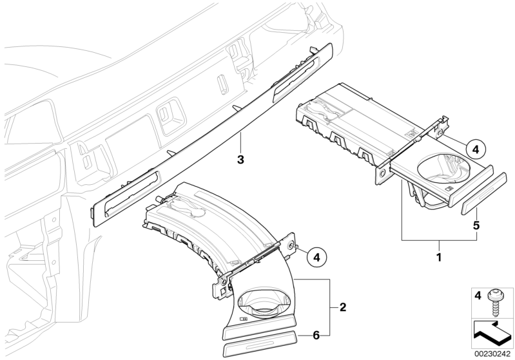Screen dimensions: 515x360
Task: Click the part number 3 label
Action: [x=241, y=160]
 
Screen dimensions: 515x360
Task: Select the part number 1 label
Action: [x=438, y=257]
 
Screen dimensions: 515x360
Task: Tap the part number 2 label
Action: [x=342, y=307]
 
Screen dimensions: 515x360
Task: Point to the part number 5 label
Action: [x=476, y=225]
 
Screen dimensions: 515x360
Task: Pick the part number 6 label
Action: [x=316, y=335]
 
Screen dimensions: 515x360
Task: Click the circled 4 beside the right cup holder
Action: [x=476, y=149]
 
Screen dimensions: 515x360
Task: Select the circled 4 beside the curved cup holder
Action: [x=316, y=257]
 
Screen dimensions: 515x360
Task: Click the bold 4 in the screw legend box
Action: [x=478, y=296]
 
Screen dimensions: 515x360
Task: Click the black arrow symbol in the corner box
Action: [x=492, y=335]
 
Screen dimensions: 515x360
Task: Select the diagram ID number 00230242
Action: [x=491, y=354]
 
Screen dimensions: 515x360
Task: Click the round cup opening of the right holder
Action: [x=443, y=169]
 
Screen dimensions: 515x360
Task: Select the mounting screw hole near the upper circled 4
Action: [x=440, y=132]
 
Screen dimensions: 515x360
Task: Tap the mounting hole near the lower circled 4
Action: [x=291, y=245]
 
